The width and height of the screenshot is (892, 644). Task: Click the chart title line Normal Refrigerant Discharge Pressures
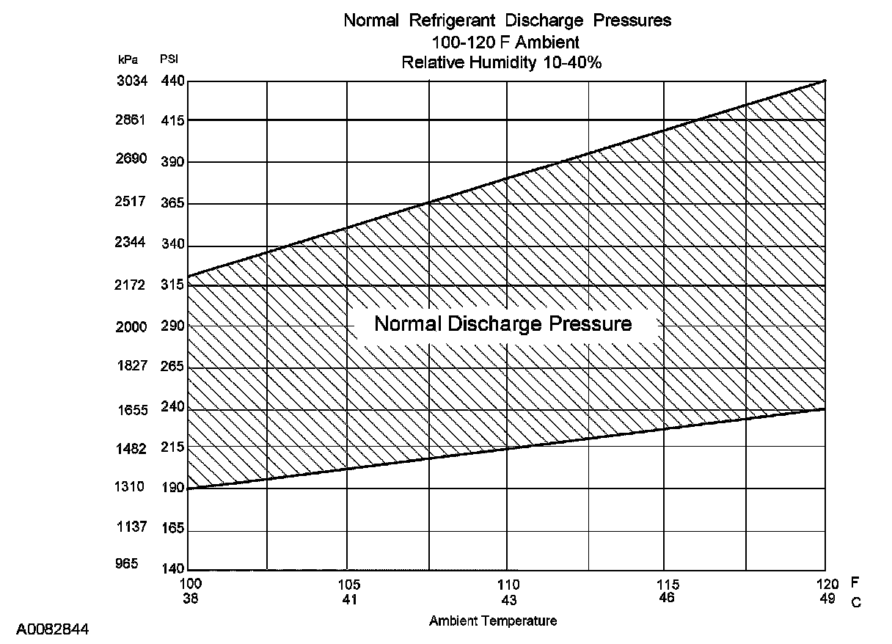(507, 21)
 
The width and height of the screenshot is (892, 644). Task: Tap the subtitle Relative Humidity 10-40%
(502, 63)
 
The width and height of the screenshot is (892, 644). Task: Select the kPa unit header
(128, 59)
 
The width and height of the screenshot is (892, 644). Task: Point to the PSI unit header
(169, 59)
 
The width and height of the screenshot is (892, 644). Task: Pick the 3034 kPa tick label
(132, 81)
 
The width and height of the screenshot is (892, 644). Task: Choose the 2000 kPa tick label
(132, 327)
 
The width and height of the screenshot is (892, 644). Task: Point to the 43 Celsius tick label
(508, 599)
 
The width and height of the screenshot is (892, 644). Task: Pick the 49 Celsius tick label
(826, 599)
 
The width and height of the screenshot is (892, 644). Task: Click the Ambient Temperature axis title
(493, 621)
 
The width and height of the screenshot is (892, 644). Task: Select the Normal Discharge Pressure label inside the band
(503, 323)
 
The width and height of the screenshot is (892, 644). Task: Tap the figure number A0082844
(53, 629)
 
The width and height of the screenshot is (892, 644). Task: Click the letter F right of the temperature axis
(855, 583)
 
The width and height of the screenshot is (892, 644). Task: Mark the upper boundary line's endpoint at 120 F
(825, 81)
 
